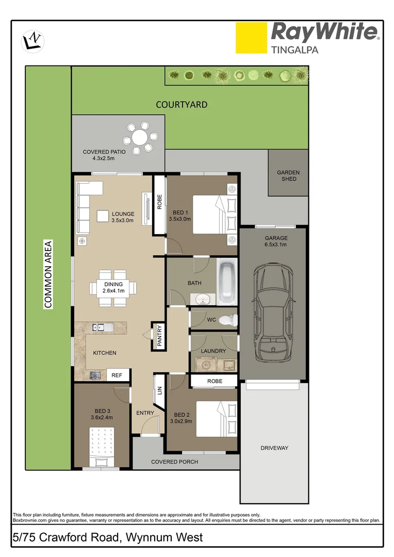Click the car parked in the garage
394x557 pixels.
click(272, 311)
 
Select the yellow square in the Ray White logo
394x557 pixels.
click(251, 38)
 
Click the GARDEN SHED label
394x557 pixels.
click(288, 176)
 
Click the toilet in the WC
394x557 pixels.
click(226, 320)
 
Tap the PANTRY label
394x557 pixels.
click(159, 335)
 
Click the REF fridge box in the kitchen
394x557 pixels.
click(117, 375)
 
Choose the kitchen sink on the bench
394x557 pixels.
click(98, 327)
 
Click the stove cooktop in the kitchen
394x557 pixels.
click(95, 375)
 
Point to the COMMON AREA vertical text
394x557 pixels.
click(48, 274)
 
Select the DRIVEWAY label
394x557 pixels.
click(274, 448)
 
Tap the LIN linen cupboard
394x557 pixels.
click(159, 391)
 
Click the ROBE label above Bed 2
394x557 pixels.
click(215, 381)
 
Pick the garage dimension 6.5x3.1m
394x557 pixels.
click(276, 245)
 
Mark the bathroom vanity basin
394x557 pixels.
click(203, 299)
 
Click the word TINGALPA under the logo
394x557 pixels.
click(294, 50)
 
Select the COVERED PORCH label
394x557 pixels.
click(174, 462)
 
